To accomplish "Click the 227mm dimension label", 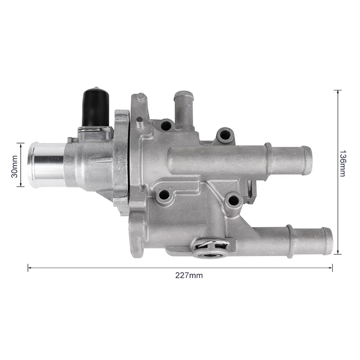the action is pyautogui.click(x=189, y=275).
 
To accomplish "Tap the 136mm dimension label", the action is pyautogui.click(x=342, y=163).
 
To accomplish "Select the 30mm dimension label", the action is pyautogui.click(x=14, y=166).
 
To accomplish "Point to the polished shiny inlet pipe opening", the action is pyautogui.click(x=33, y=165).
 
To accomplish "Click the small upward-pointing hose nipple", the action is pyautogui.click(x=183, y=108).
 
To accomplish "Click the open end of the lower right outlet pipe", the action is pyautogui.click(x=327, y=241).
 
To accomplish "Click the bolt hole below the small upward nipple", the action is pyautogui.click(x=166, y=126).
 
